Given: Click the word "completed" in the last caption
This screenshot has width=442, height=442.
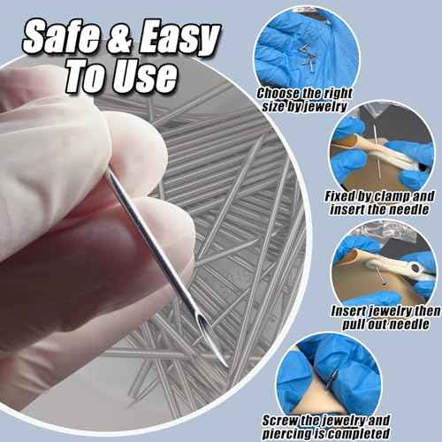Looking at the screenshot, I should [x=368, y=433].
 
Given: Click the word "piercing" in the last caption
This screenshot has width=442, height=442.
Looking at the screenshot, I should [x=293, y=433].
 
